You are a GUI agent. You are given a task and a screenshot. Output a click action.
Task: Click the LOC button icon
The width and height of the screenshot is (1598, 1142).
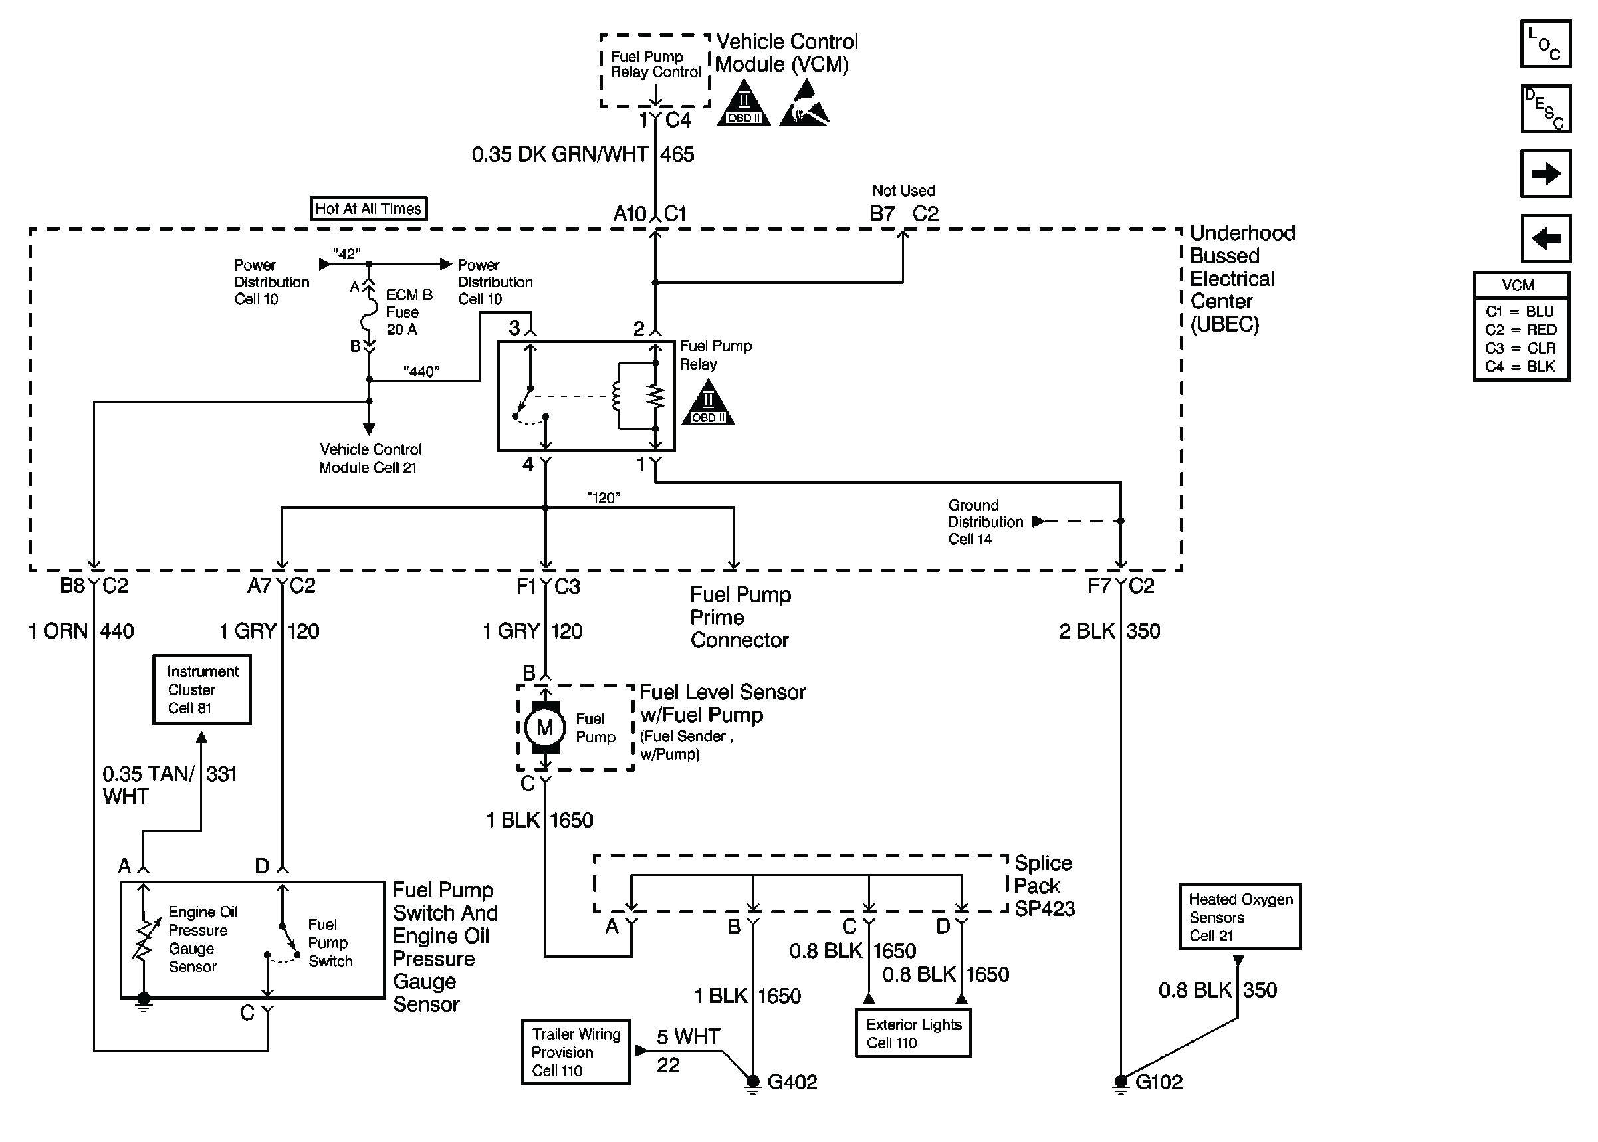1545,45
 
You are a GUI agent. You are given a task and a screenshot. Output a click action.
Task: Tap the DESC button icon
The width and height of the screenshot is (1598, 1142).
1545,109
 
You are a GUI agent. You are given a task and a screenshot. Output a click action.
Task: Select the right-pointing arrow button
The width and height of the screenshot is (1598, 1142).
1545,173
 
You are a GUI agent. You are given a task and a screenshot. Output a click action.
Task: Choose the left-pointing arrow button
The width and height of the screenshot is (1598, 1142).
1545,239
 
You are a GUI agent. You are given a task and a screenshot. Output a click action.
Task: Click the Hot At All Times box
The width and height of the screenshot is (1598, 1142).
368,209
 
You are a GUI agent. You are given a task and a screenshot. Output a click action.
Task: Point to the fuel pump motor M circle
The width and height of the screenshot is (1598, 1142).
544,727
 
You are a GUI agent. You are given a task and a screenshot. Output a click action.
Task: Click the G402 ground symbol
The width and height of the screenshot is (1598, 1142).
753,1084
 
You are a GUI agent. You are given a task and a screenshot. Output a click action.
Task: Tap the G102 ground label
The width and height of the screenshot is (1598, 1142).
1159,1082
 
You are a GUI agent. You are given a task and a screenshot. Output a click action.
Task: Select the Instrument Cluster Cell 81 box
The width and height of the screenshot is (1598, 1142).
202,690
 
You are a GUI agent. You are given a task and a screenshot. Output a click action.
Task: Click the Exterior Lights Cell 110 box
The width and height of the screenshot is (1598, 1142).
913,1033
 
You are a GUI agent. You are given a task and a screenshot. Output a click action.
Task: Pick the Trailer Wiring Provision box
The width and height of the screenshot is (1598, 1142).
575,1052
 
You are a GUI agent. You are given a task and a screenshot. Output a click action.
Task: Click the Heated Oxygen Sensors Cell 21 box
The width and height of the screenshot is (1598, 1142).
1240,917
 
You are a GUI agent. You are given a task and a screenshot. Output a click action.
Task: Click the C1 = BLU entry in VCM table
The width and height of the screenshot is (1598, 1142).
1520,312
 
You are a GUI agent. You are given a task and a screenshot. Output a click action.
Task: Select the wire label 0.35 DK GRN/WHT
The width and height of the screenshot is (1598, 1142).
560,155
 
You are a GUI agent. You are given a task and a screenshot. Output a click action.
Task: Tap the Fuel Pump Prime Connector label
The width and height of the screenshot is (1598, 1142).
740,618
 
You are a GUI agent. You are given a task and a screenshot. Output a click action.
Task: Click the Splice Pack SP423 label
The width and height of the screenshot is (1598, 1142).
1044,886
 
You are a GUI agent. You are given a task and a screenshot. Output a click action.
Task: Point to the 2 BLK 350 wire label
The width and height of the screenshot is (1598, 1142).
1109,631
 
